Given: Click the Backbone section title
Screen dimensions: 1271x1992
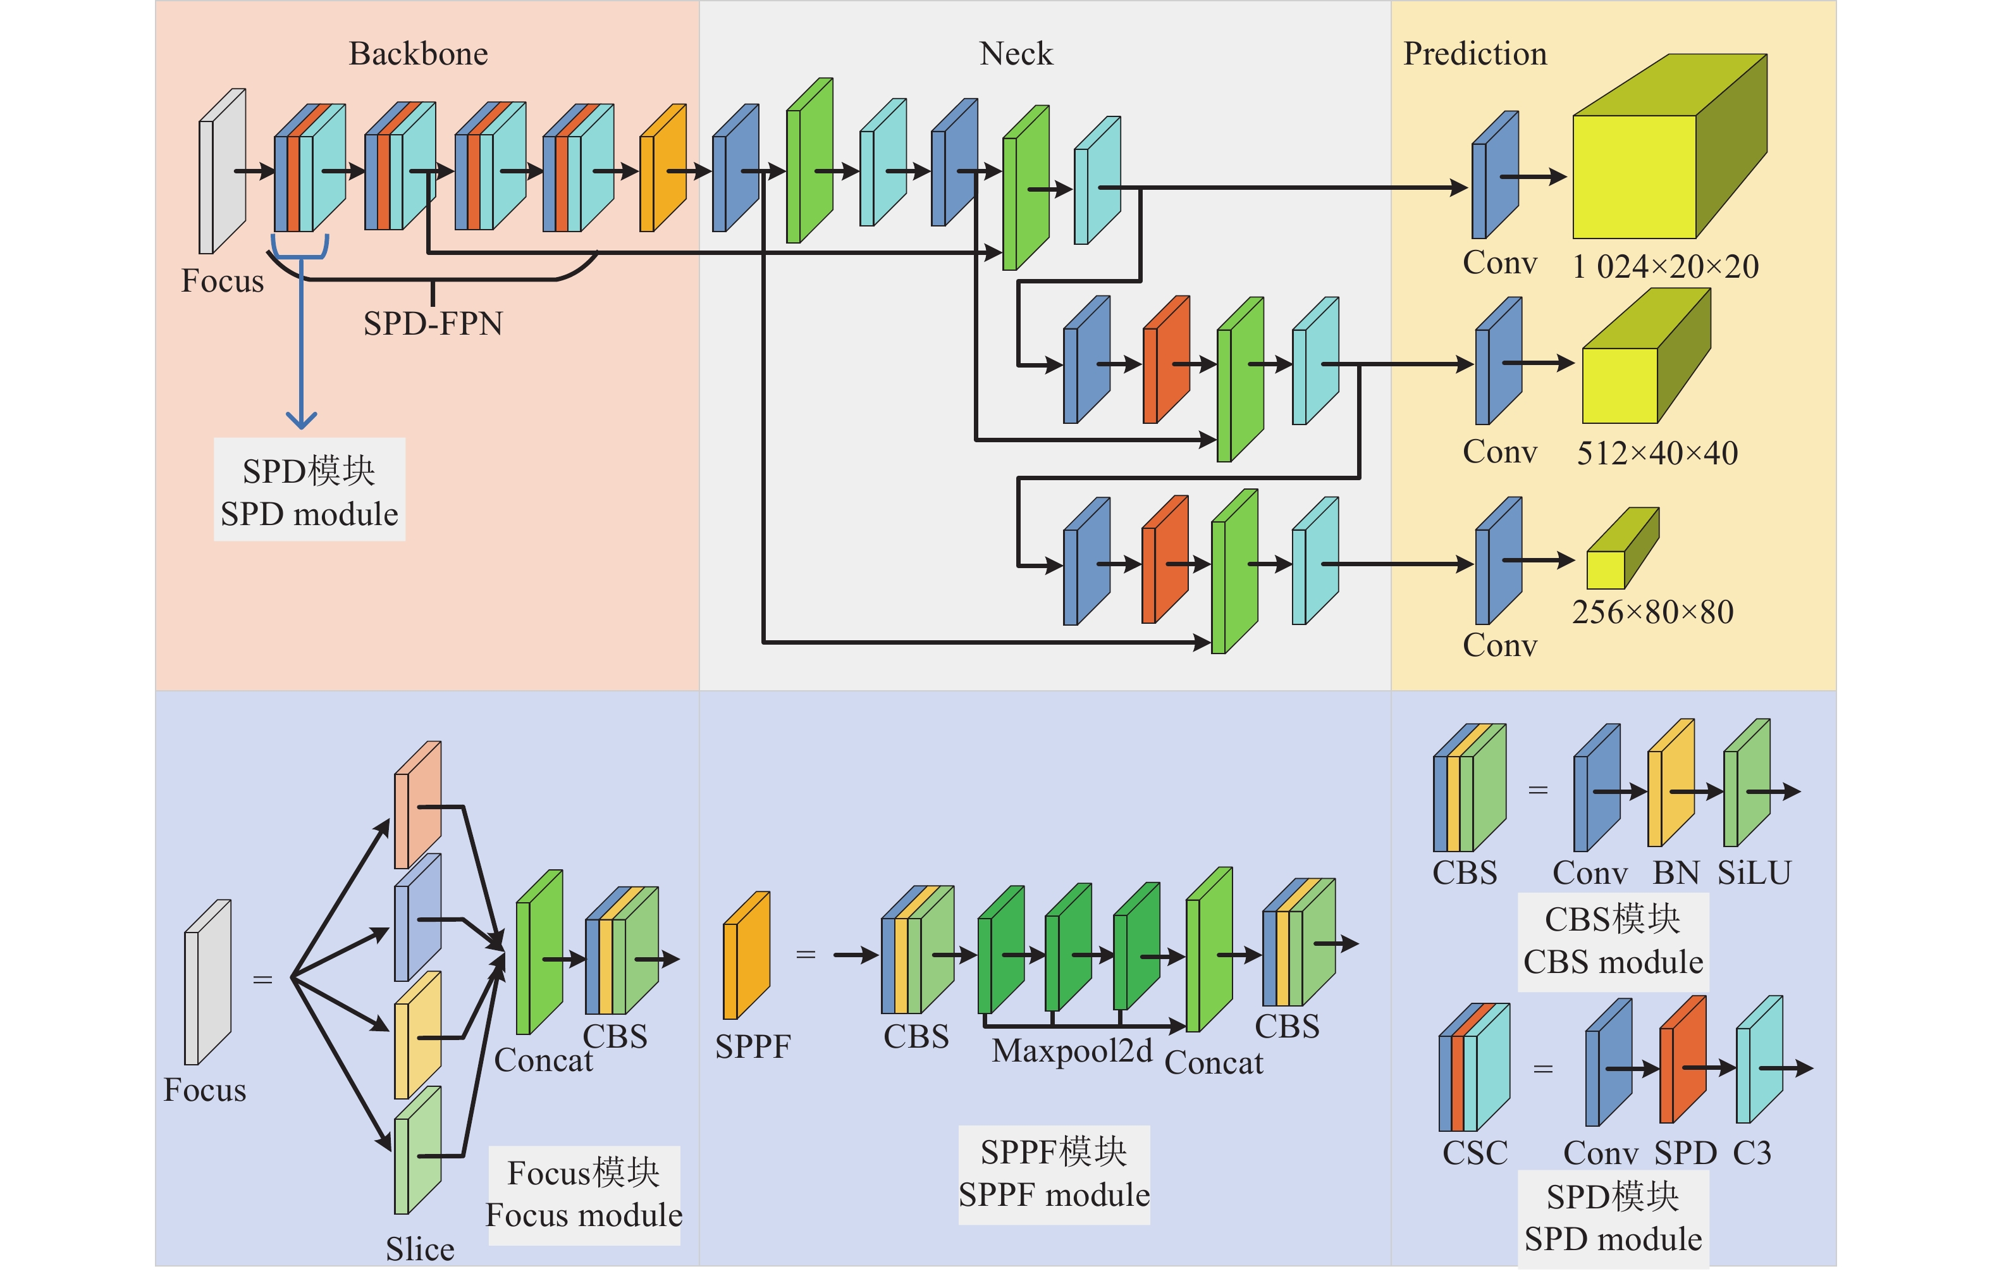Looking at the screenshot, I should [x=418, y=54].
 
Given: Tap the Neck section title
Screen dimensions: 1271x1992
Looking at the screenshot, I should [x=1015, y=54].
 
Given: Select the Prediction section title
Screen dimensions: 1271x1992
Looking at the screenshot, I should [x=1474, y=54].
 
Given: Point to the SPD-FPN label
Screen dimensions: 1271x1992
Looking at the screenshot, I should [x=433, y=323].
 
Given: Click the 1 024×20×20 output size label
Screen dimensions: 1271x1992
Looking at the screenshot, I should [x=1665, y=266].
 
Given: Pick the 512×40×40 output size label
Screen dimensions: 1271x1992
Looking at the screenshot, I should [x=1657, y=452].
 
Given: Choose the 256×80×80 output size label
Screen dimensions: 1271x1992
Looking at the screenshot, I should [x=1652, y=612].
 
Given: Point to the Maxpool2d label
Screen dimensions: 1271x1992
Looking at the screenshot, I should [x=1071, y=1051].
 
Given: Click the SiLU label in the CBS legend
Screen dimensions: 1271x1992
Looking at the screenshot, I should [x=1754, y=873].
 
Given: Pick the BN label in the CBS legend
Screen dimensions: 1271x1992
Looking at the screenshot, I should [x=1675, y=873].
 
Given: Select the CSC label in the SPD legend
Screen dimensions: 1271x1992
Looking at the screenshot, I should [x=1474, y=1153].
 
